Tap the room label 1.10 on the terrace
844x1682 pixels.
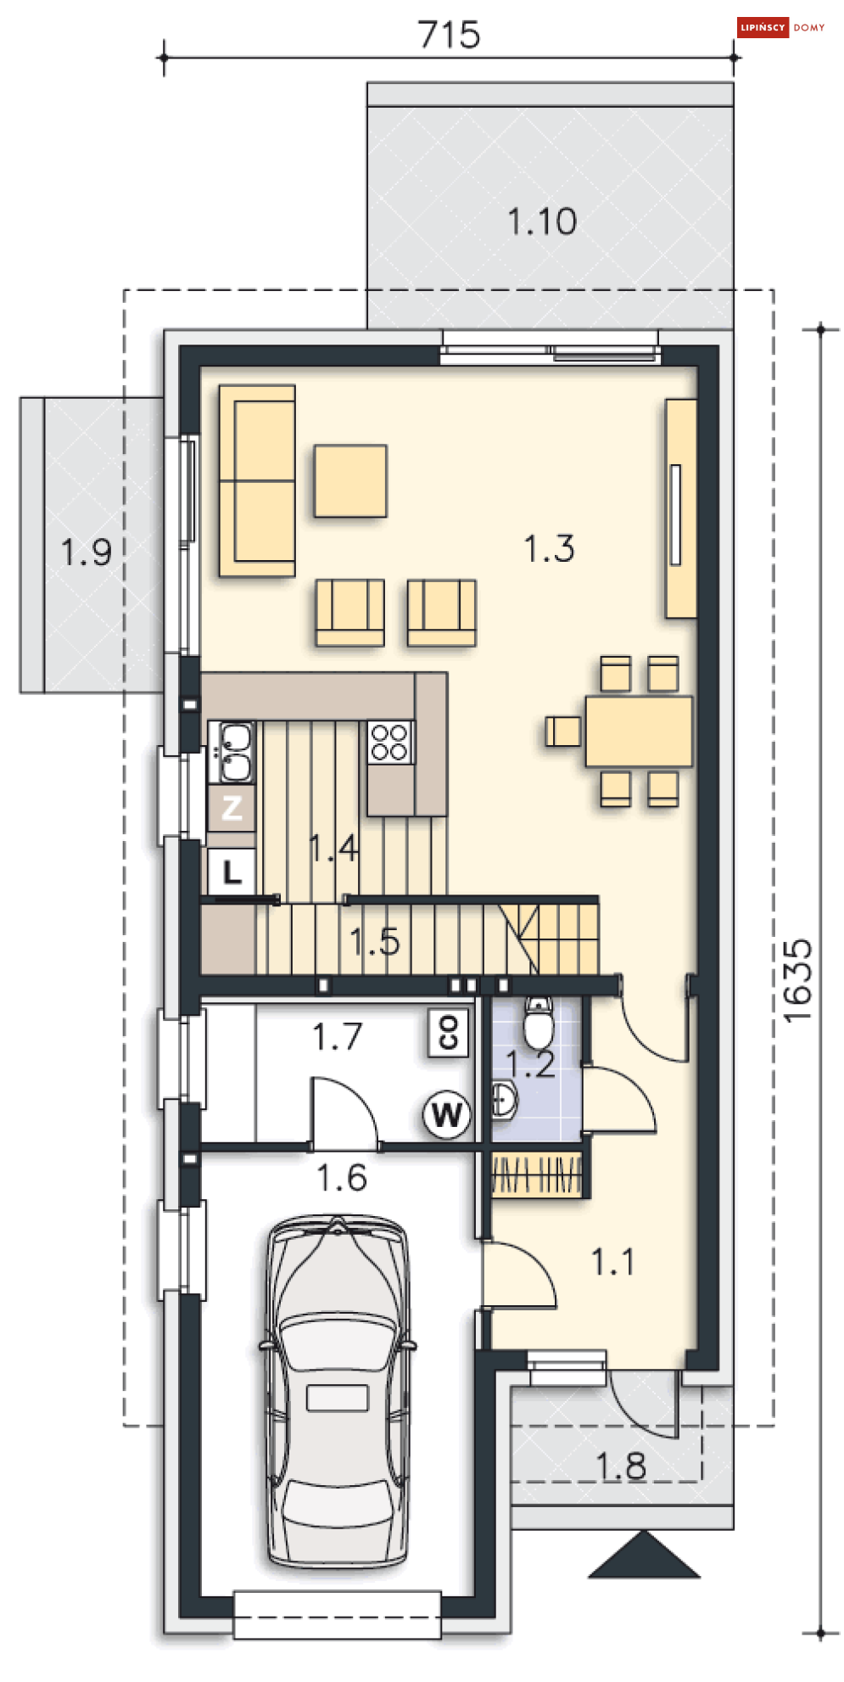(542, 221)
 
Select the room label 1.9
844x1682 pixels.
(86, 552)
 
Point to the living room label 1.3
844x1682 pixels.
(549, 548)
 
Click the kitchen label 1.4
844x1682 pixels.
(333, 848)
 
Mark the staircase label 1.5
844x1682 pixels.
(374, 942)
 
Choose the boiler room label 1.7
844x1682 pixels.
(337, 1036)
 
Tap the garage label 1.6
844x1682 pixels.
(341, 1178)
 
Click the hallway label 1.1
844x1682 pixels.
(612, 1262)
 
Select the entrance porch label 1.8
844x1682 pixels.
(620, 1466)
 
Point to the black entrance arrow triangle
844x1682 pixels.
(645, 1555)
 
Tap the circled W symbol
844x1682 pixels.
(447, 1114)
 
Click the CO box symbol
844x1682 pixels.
(449, 1033)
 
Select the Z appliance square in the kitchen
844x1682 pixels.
(232, 808)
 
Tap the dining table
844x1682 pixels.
(639, 732)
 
